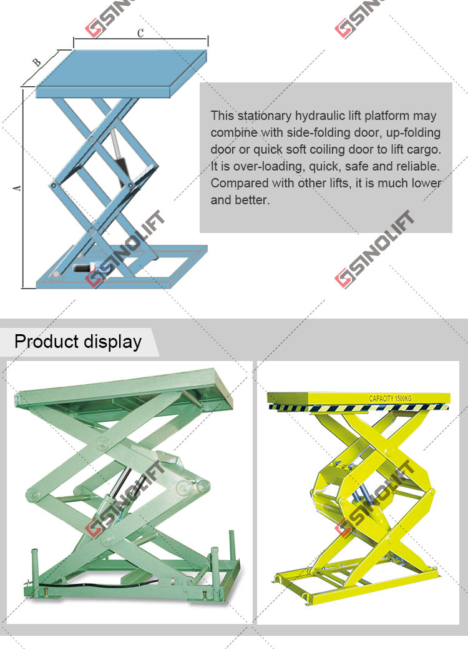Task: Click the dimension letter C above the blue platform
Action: point(140,33)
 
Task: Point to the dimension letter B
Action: point(37,62)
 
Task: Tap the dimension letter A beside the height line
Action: point(17,188)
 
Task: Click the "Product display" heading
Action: point(78,342)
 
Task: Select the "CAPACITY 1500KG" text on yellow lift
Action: point(390,399)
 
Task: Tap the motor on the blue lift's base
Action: point(84,267)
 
